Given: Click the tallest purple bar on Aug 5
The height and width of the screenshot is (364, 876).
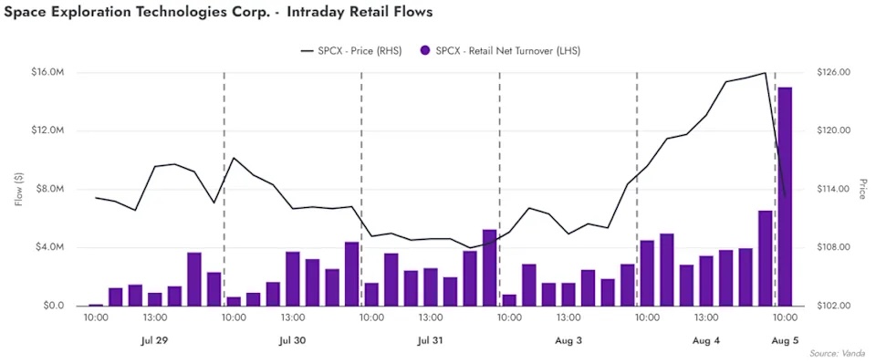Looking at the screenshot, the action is pos(785,196).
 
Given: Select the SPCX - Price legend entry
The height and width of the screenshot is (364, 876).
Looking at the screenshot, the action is pos(351,51).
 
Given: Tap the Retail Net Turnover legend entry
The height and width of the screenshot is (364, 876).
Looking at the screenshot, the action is pos(501,51).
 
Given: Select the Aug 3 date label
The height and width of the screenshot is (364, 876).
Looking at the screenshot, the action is pos(568,340).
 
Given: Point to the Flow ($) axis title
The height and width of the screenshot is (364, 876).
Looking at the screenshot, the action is pos(19,190).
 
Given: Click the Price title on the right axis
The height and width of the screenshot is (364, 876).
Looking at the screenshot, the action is pos(863,189).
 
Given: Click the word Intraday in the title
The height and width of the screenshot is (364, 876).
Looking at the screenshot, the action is pos(315,12).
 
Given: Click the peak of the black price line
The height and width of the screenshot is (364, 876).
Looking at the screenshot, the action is pos(765,73).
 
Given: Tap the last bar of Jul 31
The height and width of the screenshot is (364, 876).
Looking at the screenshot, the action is pos(489,268).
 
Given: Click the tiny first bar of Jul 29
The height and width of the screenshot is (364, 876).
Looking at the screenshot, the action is pos(96,305).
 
